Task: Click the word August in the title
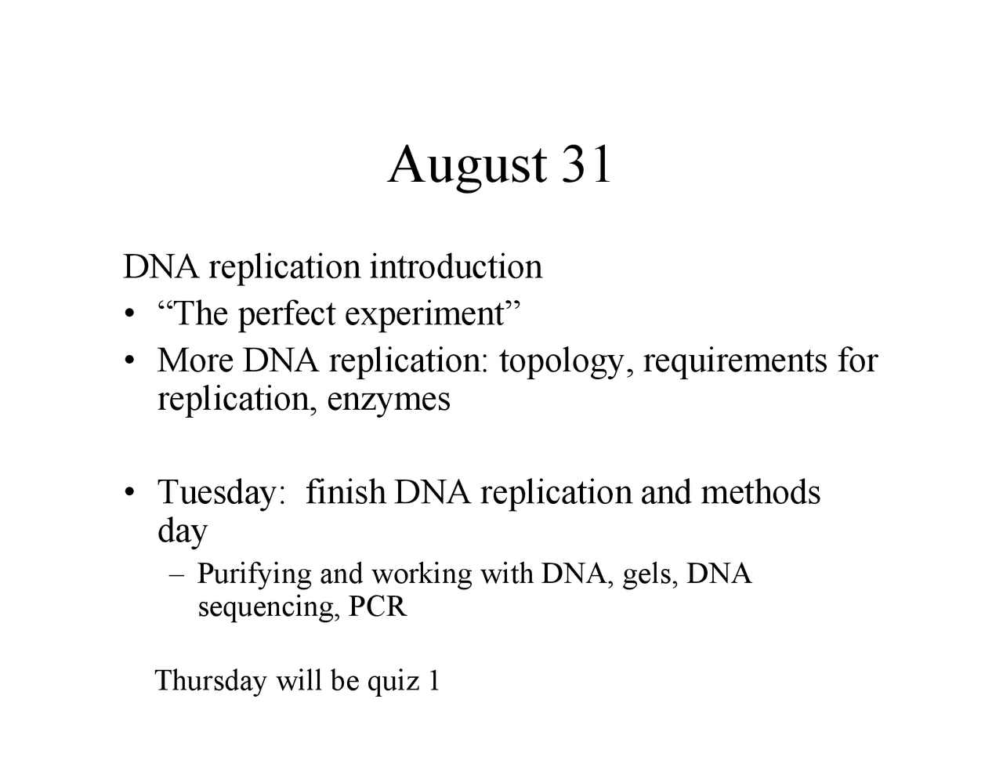(467, 166)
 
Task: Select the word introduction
(455, 266)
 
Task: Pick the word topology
(561, 361)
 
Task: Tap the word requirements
(735, 361)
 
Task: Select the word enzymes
(389, 400)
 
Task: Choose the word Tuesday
(217, 493)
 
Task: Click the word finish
(346, 492)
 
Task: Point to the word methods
(760, 492)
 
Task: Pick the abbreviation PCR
(378, 607)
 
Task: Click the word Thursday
(211, 680)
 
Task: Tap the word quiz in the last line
(393, 681)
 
